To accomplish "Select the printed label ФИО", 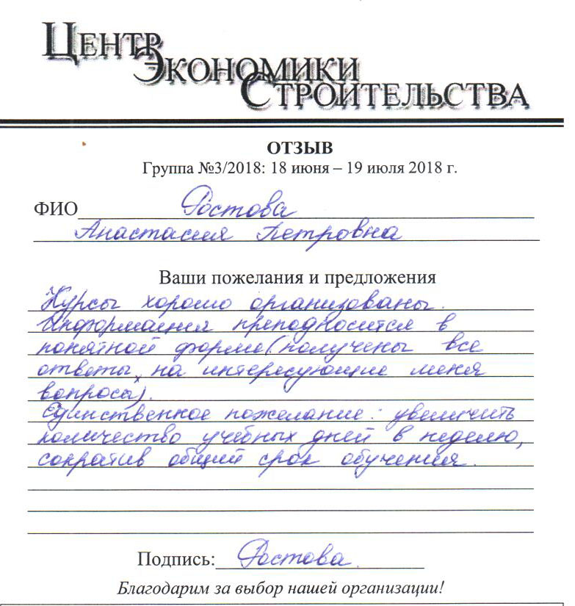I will tap(55, 210).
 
